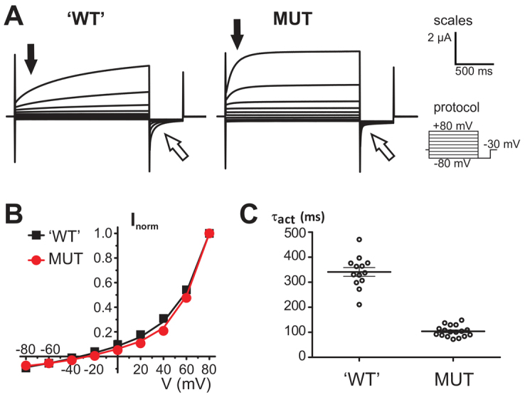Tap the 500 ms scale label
coord(475,72)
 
